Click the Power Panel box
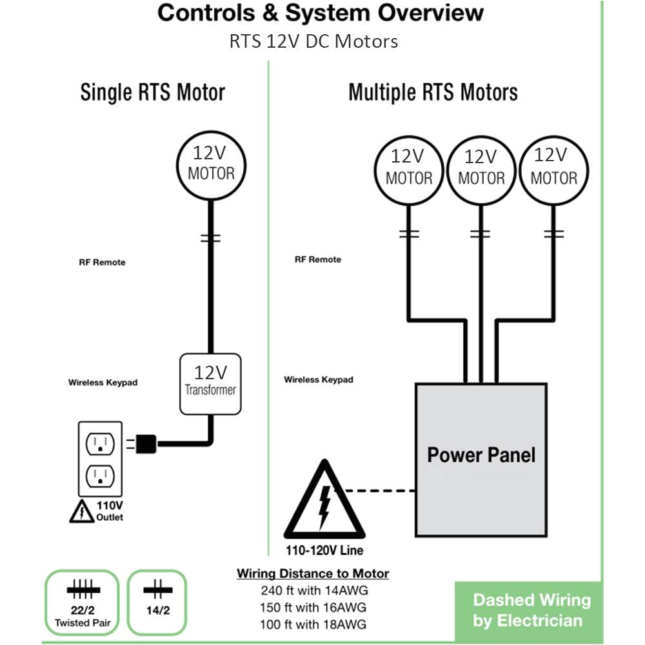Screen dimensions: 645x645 click(x=481, y=459)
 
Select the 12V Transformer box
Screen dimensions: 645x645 click(x=210, y=384)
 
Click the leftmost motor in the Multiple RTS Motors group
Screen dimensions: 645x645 click(x=408, y=169)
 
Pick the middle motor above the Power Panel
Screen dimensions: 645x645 click(x=481, y=169)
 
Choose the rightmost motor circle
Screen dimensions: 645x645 click(x=553, y=169)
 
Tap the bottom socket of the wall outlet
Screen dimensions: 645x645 click(x=100, y=475)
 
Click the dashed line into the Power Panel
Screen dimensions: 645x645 click(x=381, y=491)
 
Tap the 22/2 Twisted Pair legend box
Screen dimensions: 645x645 click(x=84, y=601)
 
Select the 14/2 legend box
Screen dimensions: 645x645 click(x=157, y=601)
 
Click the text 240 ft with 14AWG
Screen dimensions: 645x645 click(x=313, y=590)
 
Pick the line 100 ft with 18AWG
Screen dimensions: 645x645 click(x=313, y=624)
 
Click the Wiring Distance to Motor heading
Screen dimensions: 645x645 click(x=313, y=573)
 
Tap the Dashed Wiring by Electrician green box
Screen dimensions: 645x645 click(x=531, y=610)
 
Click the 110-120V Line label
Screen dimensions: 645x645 click(x=324, y=551)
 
